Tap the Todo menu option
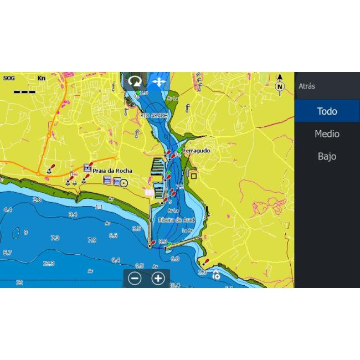[327, 111]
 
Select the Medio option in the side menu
[327, 134]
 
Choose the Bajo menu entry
[327, 157]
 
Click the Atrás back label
[307, 86]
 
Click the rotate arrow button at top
[135, 82]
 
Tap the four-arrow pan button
[159, 82]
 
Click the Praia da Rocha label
[112, 171]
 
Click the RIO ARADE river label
[153, 115]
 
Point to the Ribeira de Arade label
[175, 220]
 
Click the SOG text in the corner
[9, 78]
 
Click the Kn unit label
[42, 78]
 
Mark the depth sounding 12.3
[49, 263]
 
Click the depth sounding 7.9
[92, 240]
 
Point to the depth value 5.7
[7, 253]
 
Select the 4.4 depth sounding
[8, 210]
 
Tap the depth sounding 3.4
[73, 214]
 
